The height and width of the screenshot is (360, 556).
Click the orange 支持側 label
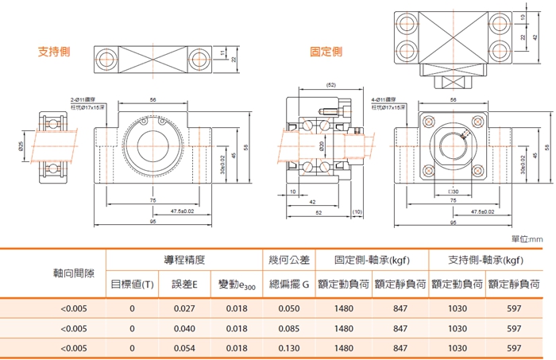pyautogui.click(x=55, y=52)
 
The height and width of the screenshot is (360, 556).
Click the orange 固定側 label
pyautogui.click(x=326, y=52)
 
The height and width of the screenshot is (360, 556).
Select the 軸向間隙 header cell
pyautogui.click(x=73, y=272)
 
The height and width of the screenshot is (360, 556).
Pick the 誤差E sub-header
pyautogui.click(x=184, y=284)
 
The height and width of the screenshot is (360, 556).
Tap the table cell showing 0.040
pyautogui.click(x=184, y=327)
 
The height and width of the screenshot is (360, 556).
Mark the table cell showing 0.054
pyautogui.click(x=184, y=347)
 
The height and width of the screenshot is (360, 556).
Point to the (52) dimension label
pyautogui.click(x=331, y=84)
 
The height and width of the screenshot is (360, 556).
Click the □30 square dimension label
pyautogui.click(x=453, y=192)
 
